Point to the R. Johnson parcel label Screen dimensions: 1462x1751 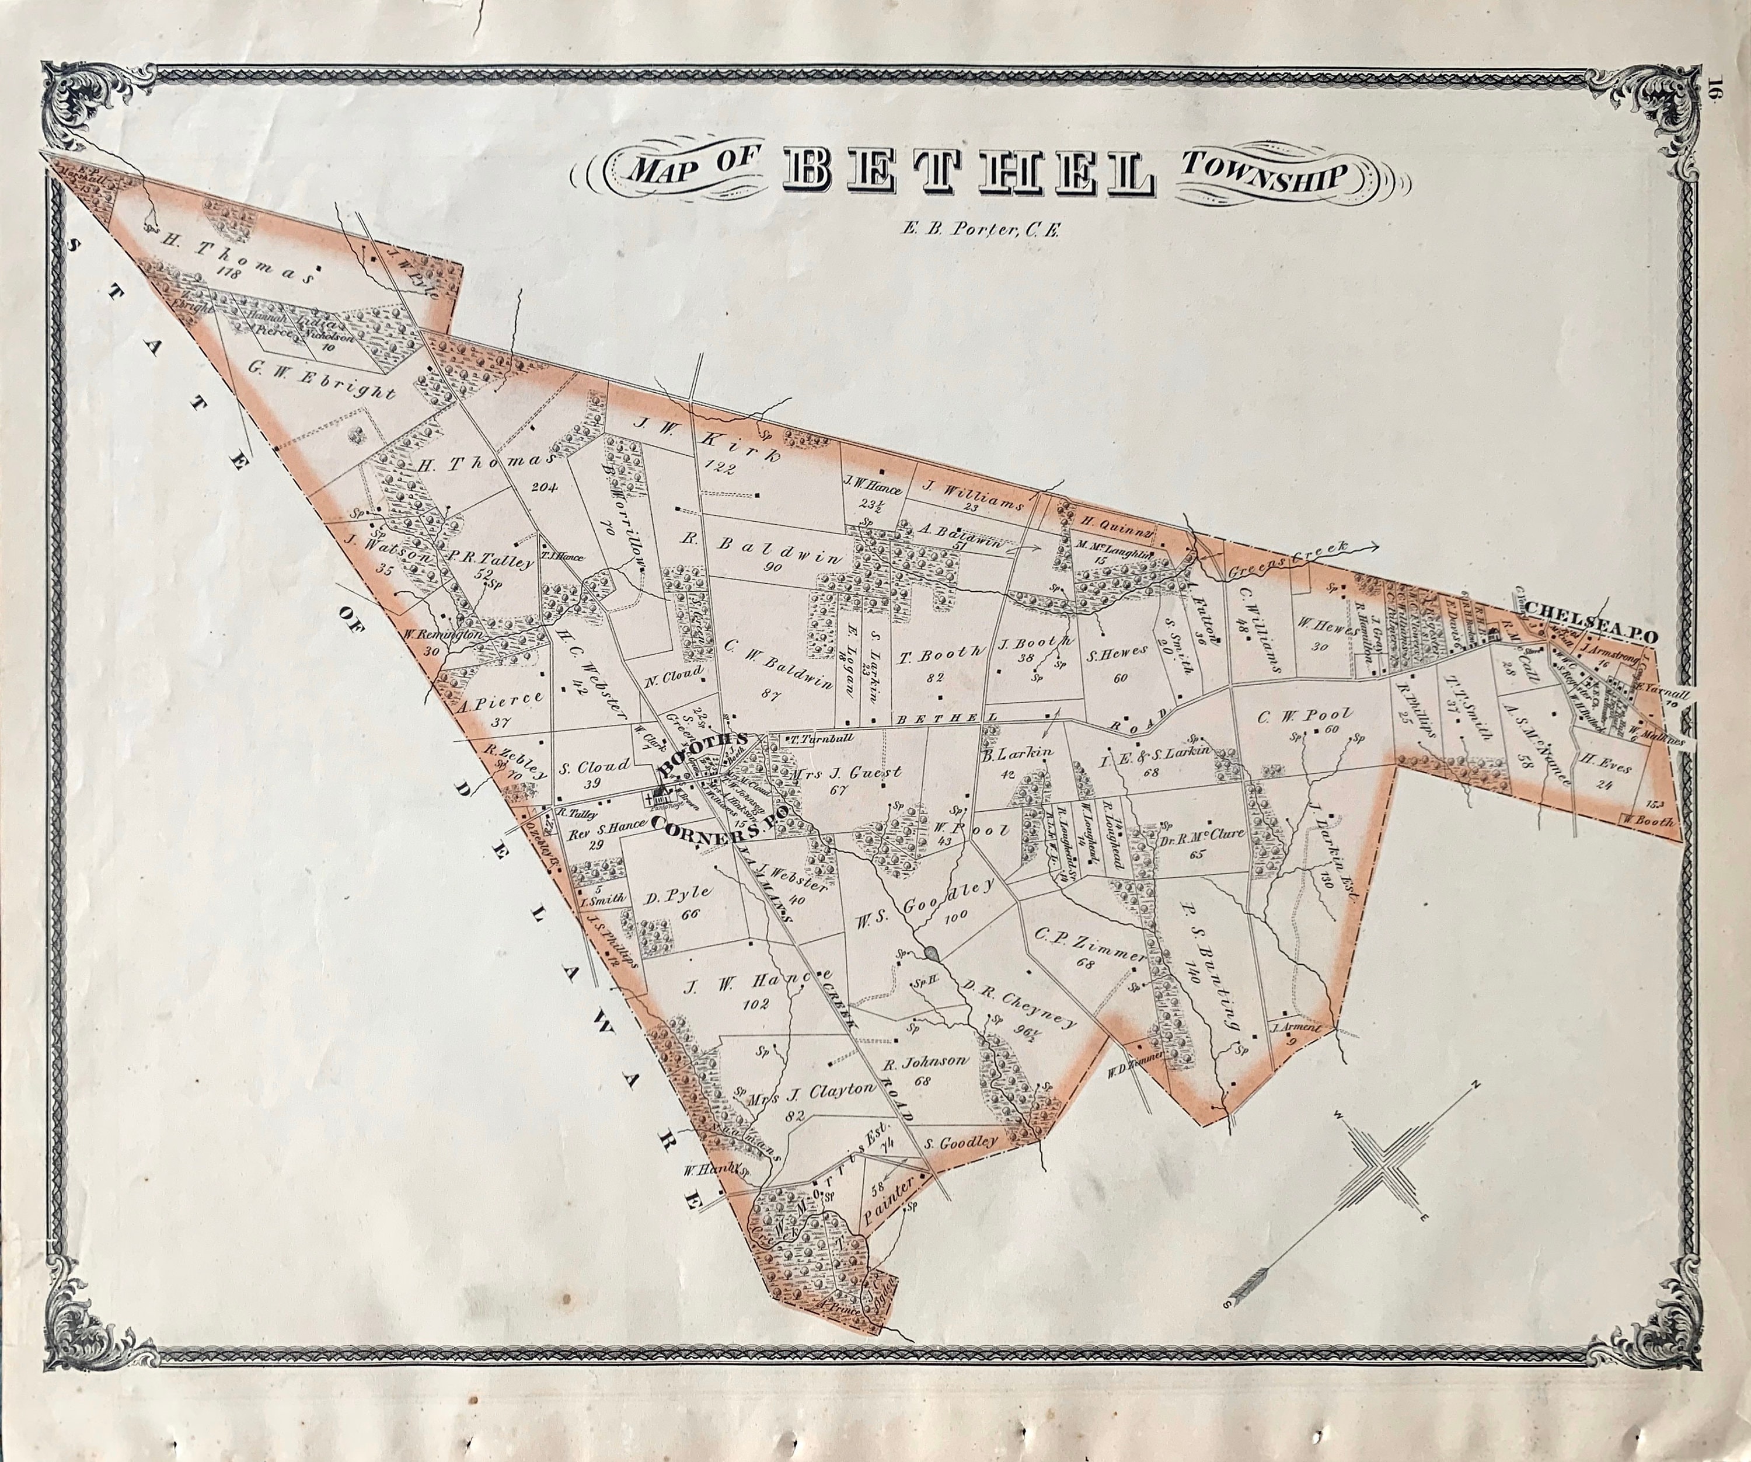pos(926,1061)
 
